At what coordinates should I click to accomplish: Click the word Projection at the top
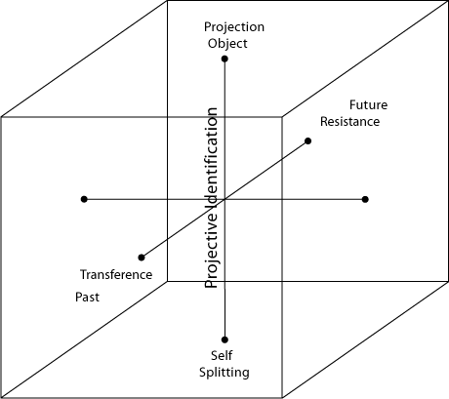click(x=234, y=27)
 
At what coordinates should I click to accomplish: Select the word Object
click(x=227, y=44)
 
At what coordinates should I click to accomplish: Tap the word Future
click(x=368, y=105)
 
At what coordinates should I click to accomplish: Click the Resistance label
click(x=349, y=122)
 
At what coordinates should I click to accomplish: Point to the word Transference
click(x=116, y=275)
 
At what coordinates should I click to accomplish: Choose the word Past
click(x=87, y=298)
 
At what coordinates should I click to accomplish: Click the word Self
click(x=222, y=355)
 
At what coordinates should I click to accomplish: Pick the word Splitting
click(x=224, y=373)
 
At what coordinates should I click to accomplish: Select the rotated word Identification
click(x=212, y=158)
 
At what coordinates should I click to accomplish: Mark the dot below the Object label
click(x=224, y=59)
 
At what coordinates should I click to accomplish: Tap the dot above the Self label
click(x=224, y=339)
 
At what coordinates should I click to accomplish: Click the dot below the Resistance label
click(x=307, y=140)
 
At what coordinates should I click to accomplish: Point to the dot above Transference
click(x=142, y=258)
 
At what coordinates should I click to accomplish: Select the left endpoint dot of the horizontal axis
click(x=84, y=199)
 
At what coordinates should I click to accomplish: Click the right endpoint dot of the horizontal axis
click(x=365, y=199)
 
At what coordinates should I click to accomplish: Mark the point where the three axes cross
click(x=224, y=199)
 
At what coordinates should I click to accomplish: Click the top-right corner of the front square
click(x=282, y=117)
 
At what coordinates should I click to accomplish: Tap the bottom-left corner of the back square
click(x=167, y=281)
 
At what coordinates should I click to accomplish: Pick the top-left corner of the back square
click(x=167, y=1)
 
